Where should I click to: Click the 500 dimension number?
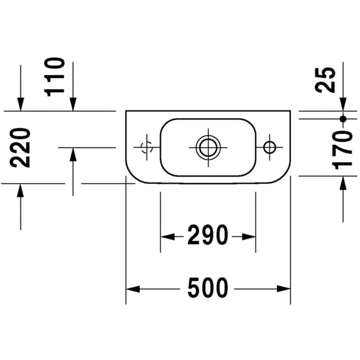click(x=208, y=288)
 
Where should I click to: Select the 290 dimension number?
click(x=208, y=235)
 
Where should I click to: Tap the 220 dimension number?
click(x=20, y=148)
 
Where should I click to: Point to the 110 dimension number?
click(x=54, y=77)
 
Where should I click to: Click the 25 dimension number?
click(x=325, y=80)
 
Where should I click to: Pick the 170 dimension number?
click(x=342, y=150)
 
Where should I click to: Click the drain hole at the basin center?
click(x=208, y=148)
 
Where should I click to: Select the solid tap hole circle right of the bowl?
click(x=270, y=148)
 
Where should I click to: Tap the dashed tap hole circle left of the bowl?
click(x=147, y=147)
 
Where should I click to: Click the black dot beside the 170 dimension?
click(x=343, y=119)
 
